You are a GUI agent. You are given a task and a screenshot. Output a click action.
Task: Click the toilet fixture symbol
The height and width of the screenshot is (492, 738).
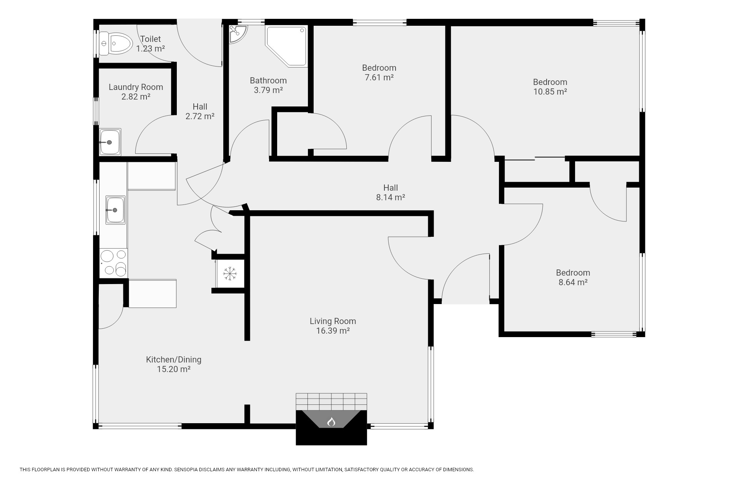(115, 43)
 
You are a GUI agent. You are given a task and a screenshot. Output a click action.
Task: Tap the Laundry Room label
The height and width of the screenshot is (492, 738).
(136, 87)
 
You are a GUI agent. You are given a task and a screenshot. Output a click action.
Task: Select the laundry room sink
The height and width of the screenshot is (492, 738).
(110, 142)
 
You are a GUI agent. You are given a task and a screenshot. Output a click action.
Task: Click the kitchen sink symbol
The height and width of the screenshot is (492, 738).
(115, 210)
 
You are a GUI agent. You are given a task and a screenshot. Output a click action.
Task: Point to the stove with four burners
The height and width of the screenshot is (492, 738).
(114, 263)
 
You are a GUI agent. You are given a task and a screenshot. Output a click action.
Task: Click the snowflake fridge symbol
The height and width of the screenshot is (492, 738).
(230, 273)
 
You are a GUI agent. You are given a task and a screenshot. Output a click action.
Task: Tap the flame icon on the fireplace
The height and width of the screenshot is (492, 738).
(331, 422)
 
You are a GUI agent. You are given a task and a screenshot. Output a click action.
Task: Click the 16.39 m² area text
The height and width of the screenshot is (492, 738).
(333, 331)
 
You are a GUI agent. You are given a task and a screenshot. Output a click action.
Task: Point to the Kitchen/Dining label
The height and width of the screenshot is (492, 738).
(174, 359)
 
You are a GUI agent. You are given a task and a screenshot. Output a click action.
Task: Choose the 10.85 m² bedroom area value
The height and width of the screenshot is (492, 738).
(550, 91)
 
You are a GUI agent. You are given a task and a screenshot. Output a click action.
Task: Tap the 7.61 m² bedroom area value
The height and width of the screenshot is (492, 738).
(379, 77)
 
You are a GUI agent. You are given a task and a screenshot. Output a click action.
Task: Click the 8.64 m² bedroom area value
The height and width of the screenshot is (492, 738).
(573, 282)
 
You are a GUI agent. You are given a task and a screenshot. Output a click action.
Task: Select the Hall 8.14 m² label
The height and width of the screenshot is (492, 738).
(391, 193)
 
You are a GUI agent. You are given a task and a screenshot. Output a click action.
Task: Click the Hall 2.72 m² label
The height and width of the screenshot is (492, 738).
(200, 111)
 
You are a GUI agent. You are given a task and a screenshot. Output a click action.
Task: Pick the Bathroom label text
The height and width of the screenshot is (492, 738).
(268, 80)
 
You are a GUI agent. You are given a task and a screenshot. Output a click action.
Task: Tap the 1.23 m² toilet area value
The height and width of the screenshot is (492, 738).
(151, 48)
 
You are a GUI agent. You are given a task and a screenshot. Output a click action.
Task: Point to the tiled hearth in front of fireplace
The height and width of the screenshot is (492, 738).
(331, 402)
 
